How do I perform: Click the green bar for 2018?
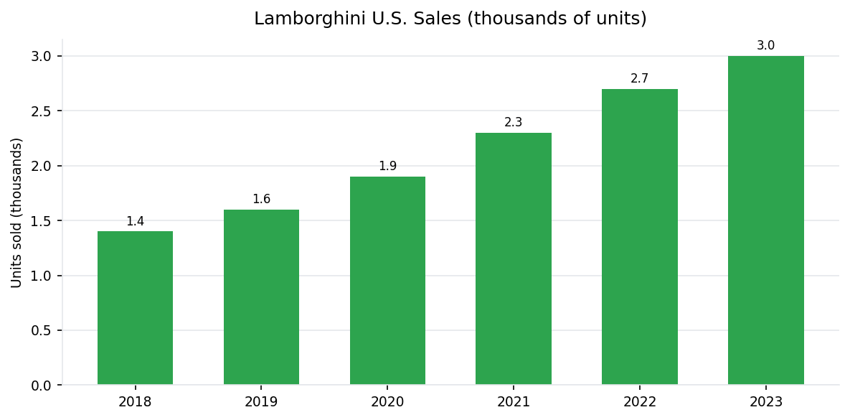coord(135,309)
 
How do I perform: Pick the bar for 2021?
coord(514,259)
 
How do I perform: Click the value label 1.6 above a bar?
coord(261,200)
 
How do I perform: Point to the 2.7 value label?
coord(639,79)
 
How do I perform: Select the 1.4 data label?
coord(135,222)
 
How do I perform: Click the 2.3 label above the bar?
coord(514,123)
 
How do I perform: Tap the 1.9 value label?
coord(387,167)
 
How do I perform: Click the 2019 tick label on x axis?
coord(261,402)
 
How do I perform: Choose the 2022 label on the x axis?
coord(639,402)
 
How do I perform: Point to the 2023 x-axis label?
coord(765,402)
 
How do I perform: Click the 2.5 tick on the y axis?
coord(42,111)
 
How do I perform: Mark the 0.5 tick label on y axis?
coord(42,331)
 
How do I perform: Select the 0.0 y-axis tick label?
coord(42,386)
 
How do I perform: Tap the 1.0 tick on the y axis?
coord(42,276)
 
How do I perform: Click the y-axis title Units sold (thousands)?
coord(16,213)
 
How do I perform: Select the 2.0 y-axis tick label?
coord(42,166)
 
